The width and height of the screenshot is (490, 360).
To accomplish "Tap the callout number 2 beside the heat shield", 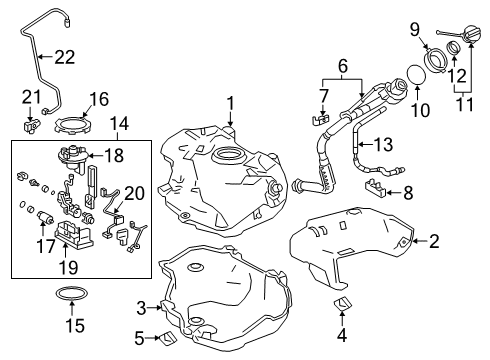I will (x=462, y=239).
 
